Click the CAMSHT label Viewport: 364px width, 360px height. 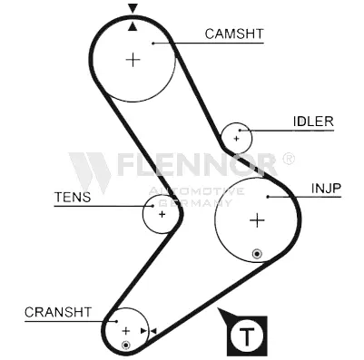234,34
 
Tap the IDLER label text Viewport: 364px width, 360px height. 313,122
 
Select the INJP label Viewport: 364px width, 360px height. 326,189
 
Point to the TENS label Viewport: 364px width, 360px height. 73,197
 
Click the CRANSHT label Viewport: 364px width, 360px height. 58,312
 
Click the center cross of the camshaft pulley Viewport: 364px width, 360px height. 133,60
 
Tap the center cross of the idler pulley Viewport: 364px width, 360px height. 236,139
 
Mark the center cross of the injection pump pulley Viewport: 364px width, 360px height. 257,220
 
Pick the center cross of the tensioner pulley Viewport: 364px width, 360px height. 162,214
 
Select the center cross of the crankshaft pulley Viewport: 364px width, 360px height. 125,331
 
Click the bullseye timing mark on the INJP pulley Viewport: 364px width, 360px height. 257,254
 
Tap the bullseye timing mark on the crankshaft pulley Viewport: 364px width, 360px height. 125,345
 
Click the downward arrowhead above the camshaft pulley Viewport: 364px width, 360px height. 133,8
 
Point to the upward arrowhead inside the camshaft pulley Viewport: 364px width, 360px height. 133,26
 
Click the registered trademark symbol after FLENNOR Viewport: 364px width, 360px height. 288,158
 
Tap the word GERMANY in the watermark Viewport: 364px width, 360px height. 196,202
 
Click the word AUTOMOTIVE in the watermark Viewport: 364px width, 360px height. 196,191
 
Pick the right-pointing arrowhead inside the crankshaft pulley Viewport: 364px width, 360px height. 143,331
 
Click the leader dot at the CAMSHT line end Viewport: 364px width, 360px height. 153,44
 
